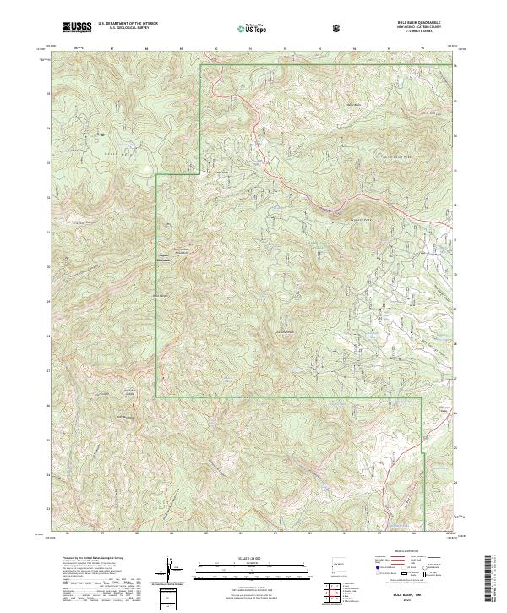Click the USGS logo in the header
pyautogui.click(x=77, y=27)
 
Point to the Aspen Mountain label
pyautogui.click(x=166, y=257)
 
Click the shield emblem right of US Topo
pyautogui.click(x=339, y=27)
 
